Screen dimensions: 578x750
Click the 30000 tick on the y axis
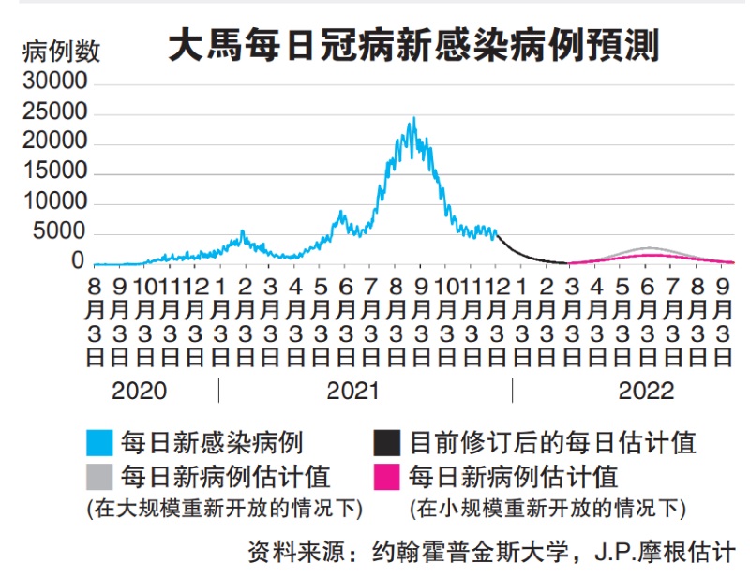click(x=54, y=82)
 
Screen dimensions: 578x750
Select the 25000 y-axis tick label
click(x=54, y=112)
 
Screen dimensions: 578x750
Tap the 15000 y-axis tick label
click(x=54, y=172)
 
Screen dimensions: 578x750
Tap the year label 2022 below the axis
click(x=646, y=390)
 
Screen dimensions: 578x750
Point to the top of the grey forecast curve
click(x=648, y=248)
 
